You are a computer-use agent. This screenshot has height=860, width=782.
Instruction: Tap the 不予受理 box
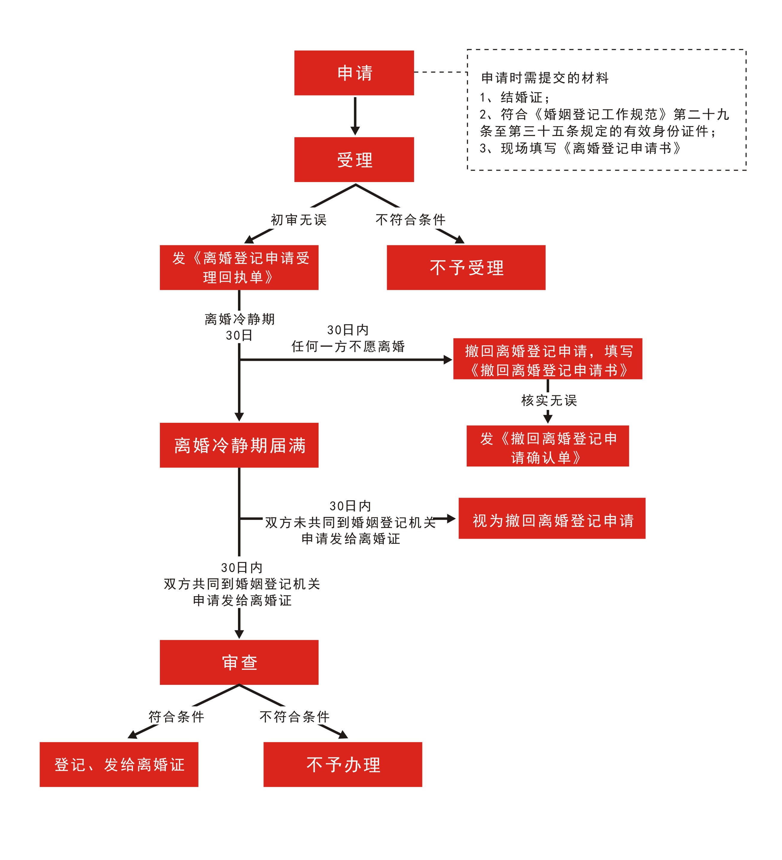[x=466, y=267]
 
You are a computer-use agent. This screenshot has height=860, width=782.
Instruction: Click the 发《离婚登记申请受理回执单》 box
[x=239, y=267]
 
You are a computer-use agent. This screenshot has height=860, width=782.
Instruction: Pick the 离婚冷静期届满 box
[x=239, y=445]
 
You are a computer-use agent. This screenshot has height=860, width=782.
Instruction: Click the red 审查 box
[x=239, y=662]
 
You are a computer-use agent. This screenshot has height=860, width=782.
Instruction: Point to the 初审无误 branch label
[x=298, y=220]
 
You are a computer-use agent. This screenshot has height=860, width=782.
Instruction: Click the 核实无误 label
[x=549, y=400]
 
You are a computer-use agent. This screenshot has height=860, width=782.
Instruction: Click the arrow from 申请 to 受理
[x=355, y=116]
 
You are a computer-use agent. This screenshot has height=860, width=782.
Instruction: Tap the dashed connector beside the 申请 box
[x=440, y=72]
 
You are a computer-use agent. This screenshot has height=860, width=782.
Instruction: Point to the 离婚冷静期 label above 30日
[x=239, y=319]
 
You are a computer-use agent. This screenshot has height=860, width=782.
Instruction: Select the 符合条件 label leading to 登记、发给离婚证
[x=176, y=717]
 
